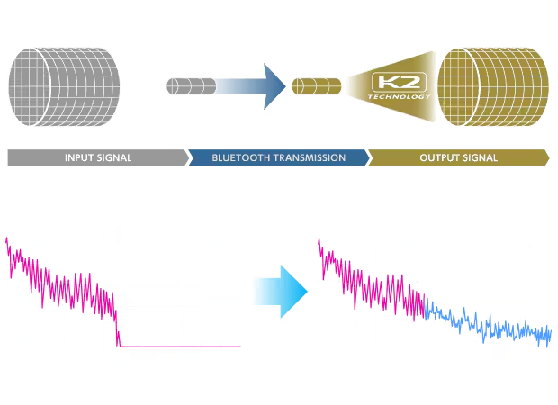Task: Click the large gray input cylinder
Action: (64, 86)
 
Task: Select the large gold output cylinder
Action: (493, 86)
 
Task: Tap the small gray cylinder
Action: (192, 86)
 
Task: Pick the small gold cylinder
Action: (317, 86)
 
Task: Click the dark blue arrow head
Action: (274, 86)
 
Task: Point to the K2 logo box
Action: (399, 82)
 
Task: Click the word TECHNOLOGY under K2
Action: (399, 97)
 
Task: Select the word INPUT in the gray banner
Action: (79, 158)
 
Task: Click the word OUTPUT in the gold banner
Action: (437, 158)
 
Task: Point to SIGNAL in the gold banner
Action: (479, 158)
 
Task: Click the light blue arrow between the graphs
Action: (281, 292)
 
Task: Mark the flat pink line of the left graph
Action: (180, 346)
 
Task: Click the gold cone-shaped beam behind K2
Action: (391, 86)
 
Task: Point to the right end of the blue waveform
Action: (551, 332)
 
